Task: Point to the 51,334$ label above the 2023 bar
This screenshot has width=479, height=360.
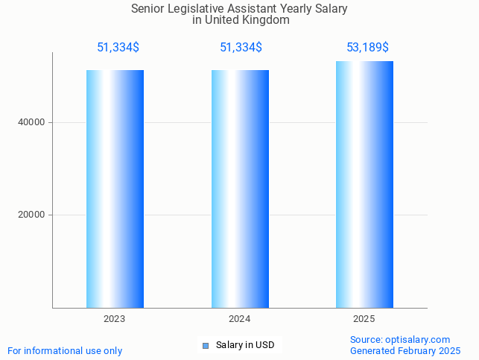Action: tap(118, 48)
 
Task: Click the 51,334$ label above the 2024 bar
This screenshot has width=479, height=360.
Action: tap(241, 48)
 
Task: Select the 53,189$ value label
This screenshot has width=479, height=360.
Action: tap(367, 48)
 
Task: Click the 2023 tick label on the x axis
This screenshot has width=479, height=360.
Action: tap(115, 319)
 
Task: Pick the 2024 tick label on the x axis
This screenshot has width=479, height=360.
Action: tap(240, 319)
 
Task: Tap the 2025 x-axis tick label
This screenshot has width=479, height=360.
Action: tap(364, 319)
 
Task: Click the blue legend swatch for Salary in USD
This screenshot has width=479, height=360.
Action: tap(206, 345)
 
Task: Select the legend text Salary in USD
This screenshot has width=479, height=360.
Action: tap(245, 345)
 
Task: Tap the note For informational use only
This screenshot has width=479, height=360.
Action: tap(65, 350)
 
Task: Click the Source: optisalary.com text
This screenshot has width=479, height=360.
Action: tap(400, 339)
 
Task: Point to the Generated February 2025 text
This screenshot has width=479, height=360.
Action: tap(405, 350)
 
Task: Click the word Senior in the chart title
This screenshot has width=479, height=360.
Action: tap(147, 9)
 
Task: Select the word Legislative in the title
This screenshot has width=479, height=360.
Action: tap(196, 9)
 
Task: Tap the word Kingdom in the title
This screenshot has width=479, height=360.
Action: tap(265, 20)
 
